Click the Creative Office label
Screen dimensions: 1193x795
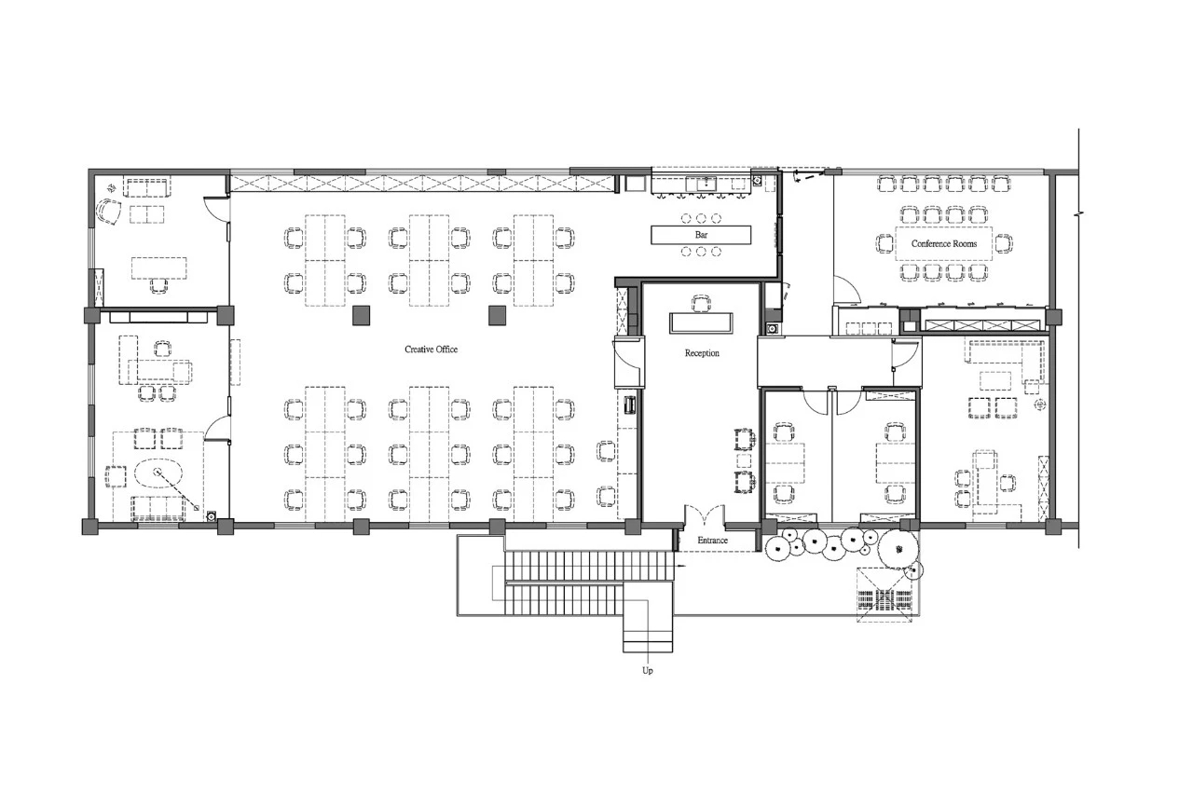point(431,350)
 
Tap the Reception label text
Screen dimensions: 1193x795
point(702,353)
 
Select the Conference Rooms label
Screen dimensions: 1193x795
point(944,244)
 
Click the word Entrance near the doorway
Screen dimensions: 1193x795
point(712,540)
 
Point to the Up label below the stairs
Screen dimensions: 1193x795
point(648,670)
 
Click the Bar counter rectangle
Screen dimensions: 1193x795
point(701,235)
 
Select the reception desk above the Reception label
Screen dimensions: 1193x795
point(701,323)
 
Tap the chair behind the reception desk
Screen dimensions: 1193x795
point(701,304)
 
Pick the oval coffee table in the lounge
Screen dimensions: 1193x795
point(158,473)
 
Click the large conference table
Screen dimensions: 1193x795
point(944,243)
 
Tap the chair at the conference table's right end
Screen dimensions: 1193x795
point(1004,243)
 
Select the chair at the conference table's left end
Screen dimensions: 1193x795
point(885,243)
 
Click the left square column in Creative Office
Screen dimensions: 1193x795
point(361,315)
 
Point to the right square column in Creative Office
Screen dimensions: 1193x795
point(498,315)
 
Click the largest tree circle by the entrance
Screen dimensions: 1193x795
point(898,550)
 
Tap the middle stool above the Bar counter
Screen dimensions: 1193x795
point(702,218)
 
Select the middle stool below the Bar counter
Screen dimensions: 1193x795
point(702,252)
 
